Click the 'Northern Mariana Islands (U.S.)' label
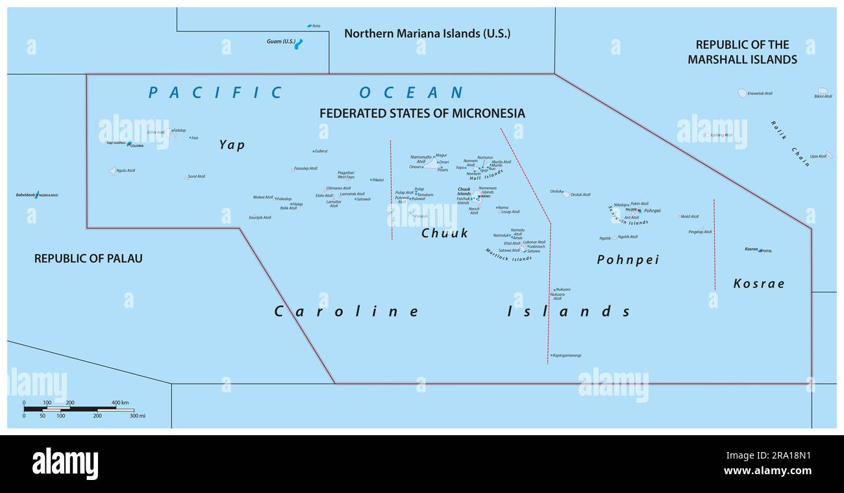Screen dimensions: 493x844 pyautogui.click(x=427, y=33)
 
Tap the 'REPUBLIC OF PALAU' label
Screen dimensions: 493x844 pyautogui.click(x=88, y=259)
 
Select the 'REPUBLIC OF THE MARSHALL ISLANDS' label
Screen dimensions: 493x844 pyautogui.click(x=742, y=52)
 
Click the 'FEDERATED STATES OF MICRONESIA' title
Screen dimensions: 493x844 pyautogui.click(x=422, y=114)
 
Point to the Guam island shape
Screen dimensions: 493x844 pyautogui.click(x=299, y=44)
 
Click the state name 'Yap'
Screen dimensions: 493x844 pyautogui.click(x=232, y=145)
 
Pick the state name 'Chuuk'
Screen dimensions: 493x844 pyautogui.click(x=445, y=233)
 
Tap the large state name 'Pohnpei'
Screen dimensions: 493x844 pyautogui.click(x=628, y=260)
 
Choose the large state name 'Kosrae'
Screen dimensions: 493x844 pyautogui.click(x=758, y=283)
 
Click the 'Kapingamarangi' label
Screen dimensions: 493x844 pyautogui.click(x=567, y=355)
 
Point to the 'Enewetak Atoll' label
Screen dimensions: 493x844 pyautogui.click(x=760, y=94)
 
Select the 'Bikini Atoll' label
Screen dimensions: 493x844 pyautogui.click(x=823, y=96)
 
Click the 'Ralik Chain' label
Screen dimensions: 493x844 pyautogui.click(x=790, y=144)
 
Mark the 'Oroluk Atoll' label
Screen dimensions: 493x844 pyautogui.click(x=580, y=195)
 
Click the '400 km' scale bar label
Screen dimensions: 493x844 pyautogui.click(x=120, y=403)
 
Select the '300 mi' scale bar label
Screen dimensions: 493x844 pyautogui.click(x=137, y=416)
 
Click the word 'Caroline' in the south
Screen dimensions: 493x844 pyautogui.click(x=347, y=312)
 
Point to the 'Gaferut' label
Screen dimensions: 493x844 pyautogui.click(x=321, y=151)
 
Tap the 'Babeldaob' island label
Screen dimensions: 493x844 pyautogui.click(x=25, y=195)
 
